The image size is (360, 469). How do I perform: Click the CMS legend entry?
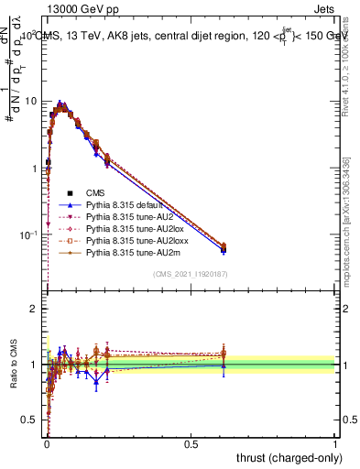[96, 193]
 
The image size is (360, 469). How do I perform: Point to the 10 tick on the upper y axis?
[34, 101]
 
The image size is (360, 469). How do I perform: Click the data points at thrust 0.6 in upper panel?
[224, 247]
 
